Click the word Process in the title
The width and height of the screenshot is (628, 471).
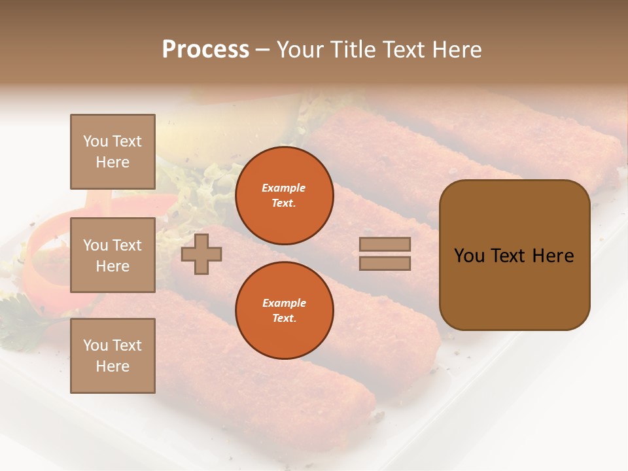(205, 50)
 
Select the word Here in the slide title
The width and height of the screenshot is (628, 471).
(455, 50)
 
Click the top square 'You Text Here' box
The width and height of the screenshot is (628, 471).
(113, 152)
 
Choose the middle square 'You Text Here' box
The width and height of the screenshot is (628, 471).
(113, 255)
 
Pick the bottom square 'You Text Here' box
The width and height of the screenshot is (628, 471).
(113, 355)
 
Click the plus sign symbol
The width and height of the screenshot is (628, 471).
(201, 254)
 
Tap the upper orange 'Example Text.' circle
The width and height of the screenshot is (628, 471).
(284, 196)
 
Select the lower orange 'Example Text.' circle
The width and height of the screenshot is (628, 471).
(284, 310)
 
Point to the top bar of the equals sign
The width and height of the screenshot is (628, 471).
(385, 244)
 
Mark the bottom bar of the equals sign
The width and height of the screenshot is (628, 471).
(385, 263)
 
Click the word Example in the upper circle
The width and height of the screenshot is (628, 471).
(284, 188)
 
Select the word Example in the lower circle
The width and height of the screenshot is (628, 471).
(284, 304)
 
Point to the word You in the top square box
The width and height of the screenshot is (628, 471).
(96, 141)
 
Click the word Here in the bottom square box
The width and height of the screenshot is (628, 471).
(113, 366)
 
